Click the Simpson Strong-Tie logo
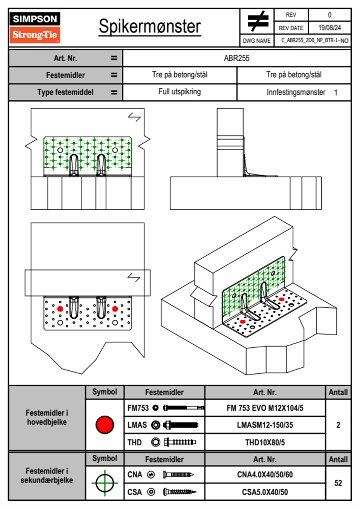(x=35, y=28)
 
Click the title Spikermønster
(x=150, y=26)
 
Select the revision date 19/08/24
(x=329, y=28)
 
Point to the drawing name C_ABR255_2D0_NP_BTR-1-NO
(x=315, y=41)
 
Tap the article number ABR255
(x=237, y=58)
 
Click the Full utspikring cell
(x=180, y=92)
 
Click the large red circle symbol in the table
(x=105, y=425)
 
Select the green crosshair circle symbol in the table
(x=105, y=483)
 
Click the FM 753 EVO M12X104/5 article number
(x=265, y=408)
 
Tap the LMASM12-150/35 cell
(x=265, y=425)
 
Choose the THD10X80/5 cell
(x=265, y=442)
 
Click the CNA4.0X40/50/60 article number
(x=265, y=475)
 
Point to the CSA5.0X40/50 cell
(x=265, y=492)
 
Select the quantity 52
(x=338, y=483)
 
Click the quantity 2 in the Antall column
(x=338, y=425)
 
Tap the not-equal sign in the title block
(x=257, y=21)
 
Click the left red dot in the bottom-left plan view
(x=60, y=309)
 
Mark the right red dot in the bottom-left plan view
(x=115, y=309)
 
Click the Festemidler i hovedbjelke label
(x=47, y=417)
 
